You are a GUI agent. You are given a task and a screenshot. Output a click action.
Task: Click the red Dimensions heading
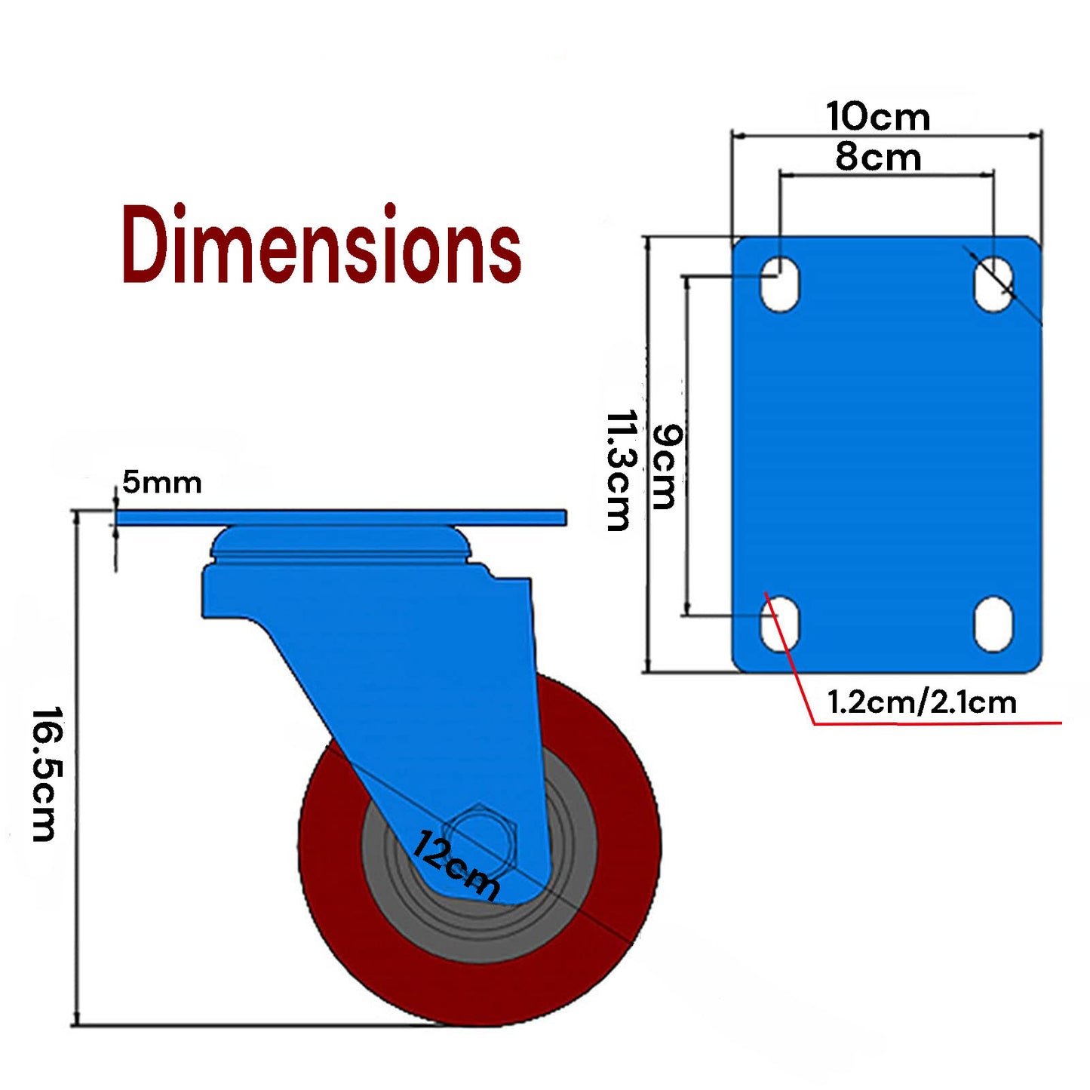click(x=321, y=244)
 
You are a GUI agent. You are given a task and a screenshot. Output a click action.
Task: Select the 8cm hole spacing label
click(x=878, y=158)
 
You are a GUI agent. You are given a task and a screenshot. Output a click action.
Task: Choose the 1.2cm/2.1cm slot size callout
click(x=922, y=702)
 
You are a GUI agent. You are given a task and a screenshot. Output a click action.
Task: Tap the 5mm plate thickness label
click(x=162, y=483)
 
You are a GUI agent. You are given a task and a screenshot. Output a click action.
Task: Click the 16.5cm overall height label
click(x=45, y=773)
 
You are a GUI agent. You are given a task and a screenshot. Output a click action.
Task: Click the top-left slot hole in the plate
click(x=779, y=284)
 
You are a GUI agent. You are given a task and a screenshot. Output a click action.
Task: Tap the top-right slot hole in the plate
click(x=993, y=284)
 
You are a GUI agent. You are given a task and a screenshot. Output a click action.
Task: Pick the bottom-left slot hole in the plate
click(x=779, y=624)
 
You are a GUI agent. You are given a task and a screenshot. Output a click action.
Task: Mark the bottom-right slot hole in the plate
click(x=993, y=624)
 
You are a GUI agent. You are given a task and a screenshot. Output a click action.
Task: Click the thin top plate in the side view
click(x=339, y=517)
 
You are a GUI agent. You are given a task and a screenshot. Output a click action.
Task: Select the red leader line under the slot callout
click(x=935, y=723)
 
